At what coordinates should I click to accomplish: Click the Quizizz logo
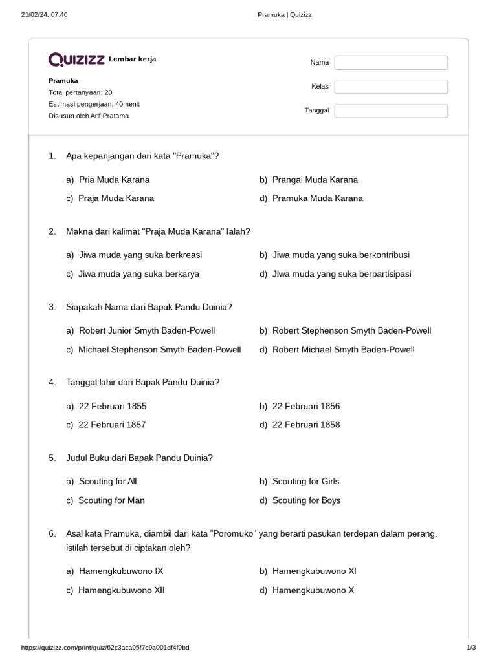[76, 60]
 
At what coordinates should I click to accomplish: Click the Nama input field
[391, 63]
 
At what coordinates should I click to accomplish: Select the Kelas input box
[391, 87]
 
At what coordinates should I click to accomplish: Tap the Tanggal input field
[391, 111]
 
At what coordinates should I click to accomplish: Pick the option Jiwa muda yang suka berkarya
[138, 274]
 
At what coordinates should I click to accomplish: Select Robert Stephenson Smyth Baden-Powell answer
[351, 331]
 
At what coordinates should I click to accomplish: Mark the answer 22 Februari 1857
[112, 425]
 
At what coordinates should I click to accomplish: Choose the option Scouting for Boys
[306, 500]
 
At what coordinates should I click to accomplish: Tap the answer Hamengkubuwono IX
[120, 571]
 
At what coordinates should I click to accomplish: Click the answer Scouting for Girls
[305, 482]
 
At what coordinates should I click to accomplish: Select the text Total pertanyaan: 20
[80, 92]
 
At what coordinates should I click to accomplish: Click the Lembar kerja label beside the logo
[133, 59]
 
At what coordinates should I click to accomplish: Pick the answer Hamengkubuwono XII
[121, 590]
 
